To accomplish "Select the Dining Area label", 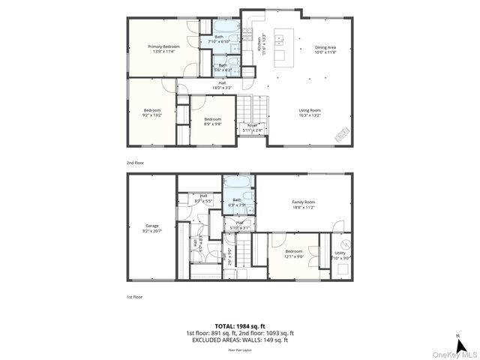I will click(325, 49).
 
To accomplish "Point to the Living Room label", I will click(310, 112).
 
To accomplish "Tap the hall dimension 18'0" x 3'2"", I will click(222, 87).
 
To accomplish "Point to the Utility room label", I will click(340, 254).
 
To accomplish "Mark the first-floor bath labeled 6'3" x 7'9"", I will click(236, 202).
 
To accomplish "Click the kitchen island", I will click(283, 47).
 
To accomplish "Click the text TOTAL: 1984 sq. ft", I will click(239, 326).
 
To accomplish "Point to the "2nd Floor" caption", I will click(135, 162).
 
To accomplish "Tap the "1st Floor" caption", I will click(134, 297).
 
